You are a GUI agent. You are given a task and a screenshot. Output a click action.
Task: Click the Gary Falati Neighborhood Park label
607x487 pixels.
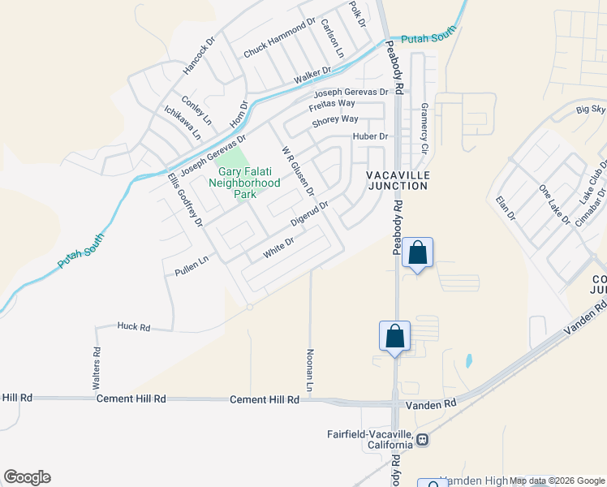coord(249,183)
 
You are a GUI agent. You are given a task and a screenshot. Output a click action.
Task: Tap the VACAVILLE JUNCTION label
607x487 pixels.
coord(397,180)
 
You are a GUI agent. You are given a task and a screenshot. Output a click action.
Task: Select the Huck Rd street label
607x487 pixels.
coord(134,327)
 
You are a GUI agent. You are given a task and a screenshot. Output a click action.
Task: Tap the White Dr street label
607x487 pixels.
coord(278,248)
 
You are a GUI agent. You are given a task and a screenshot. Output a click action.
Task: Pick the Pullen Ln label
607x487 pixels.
coord(186,265)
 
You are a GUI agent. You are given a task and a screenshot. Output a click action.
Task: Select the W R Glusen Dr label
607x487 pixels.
coord(297,171)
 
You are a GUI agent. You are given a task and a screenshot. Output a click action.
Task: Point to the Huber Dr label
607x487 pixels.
coord(371,136)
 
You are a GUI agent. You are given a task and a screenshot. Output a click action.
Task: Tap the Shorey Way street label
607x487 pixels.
coord(335,120)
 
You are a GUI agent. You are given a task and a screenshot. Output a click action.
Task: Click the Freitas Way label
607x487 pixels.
coord(332,104)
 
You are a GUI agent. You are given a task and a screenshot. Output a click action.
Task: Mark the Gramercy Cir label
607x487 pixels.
coord(424,128)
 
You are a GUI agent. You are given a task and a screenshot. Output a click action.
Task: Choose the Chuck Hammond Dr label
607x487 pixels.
coord(279,40)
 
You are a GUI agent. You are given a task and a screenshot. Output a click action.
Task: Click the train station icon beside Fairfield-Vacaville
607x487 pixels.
coord(423,440)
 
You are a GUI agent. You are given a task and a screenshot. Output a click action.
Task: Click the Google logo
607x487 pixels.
coord(27,477)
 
